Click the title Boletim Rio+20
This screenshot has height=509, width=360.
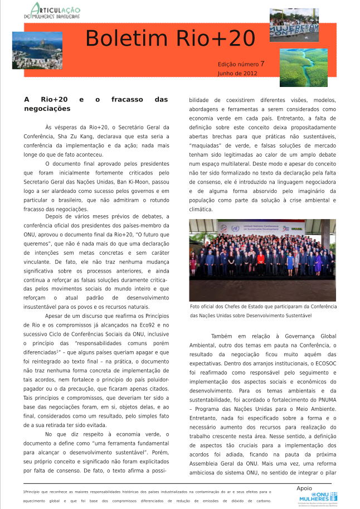pos(170,39)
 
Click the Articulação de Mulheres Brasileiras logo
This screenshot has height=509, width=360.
pos(55,11)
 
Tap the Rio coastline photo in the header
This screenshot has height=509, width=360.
pos(37,50)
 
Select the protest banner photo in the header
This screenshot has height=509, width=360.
pos(294,25)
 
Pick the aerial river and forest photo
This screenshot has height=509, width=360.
pos(304,67)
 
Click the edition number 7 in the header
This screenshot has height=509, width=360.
pos(262,64)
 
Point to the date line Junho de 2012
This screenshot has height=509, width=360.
pos(237,73)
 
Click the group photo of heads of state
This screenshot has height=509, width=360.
pos(262,260)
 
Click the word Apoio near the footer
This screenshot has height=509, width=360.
pos(305,488)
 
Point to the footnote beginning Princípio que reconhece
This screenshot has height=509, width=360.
pos(148,492)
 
